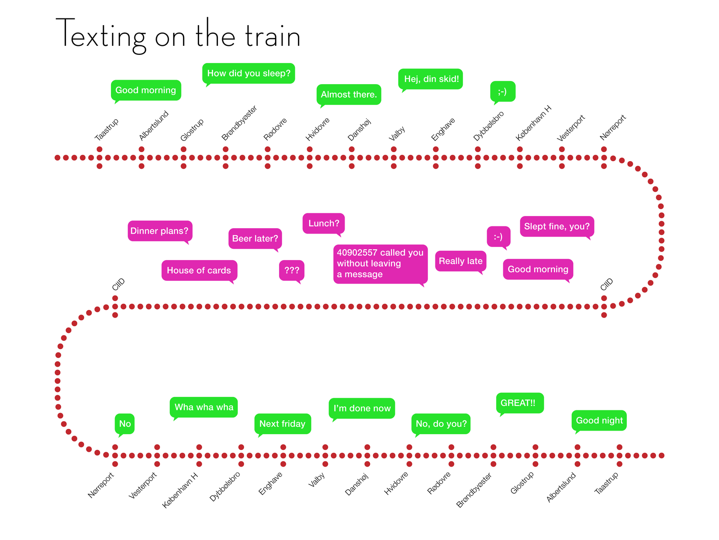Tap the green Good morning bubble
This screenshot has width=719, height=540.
pyautogui.click(x=146, y=90)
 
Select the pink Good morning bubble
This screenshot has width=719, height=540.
pyautogui.click(x=537, y=270)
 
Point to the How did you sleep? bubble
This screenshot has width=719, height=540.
pyautogui.click(x=249, y=73)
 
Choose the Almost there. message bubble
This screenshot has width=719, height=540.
pyautogui.click(x=349, y=95)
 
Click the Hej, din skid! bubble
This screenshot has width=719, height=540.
pyautogui.click(x=431, y=79)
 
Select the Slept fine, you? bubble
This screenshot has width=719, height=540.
pyautogui.click(x=557, y=226)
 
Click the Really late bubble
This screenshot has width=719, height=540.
pyautogui.click(x=461, y=261)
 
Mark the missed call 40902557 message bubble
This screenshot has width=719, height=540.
pyautogui.click(x=380, y=264)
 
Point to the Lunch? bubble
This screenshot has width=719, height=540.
pyautogui.click(x=323, y=224)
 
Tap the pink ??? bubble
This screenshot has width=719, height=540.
pyautogui.click(x=292, y=270)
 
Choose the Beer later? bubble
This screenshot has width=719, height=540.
pyautogui.click(x=255, y=238)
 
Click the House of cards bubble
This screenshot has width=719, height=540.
pyautogui.click(x=199, y=270)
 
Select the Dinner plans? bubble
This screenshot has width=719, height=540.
pyautogui.click(x=160, y=231)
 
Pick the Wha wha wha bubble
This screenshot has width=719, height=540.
pyautogui.click(x=204, y=408)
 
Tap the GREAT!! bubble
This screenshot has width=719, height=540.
pyautogui.click(x=520, y=403)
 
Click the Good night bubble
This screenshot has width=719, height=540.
pyautogui.click(x=599, y=421)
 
